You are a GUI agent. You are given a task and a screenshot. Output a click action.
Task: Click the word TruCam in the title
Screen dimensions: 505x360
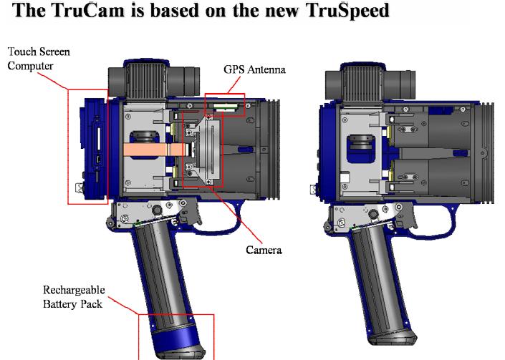[x=87, y=10]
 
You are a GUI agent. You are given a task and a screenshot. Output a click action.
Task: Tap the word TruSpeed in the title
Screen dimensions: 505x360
[x=348, y=11]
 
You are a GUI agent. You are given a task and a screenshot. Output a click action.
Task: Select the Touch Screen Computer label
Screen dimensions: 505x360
[x=39, y=59]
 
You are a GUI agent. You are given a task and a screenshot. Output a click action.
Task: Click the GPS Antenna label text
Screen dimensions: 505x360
[x=254, y=69]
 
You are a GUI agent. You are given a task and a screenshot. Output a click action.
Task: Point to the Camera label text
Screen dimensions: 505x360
[x=264, y=250]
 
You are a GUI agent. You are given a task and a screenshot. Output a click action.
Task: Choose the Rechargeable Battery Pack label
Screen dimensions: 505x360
[x=74, y=297]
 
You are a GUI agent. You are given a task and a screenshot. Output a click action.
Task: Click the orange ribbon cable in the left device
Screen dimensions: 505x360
[x=155, y=150]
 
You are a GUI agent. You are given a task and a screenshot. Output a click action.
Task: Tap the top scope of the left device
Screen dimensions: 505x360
[x=153, y=79]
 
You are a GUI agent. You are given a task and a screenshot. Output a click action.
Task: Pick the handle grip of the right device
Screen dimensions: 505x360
[x=377, y=283]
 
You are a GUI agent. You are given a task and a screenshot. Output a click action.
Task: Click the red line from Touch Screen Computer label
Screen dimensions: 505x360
[x=52, y=81]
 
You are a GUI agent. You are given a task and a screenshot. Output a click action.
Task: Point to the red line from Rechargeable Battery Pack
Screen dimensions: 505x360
[x=123, y=306]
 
